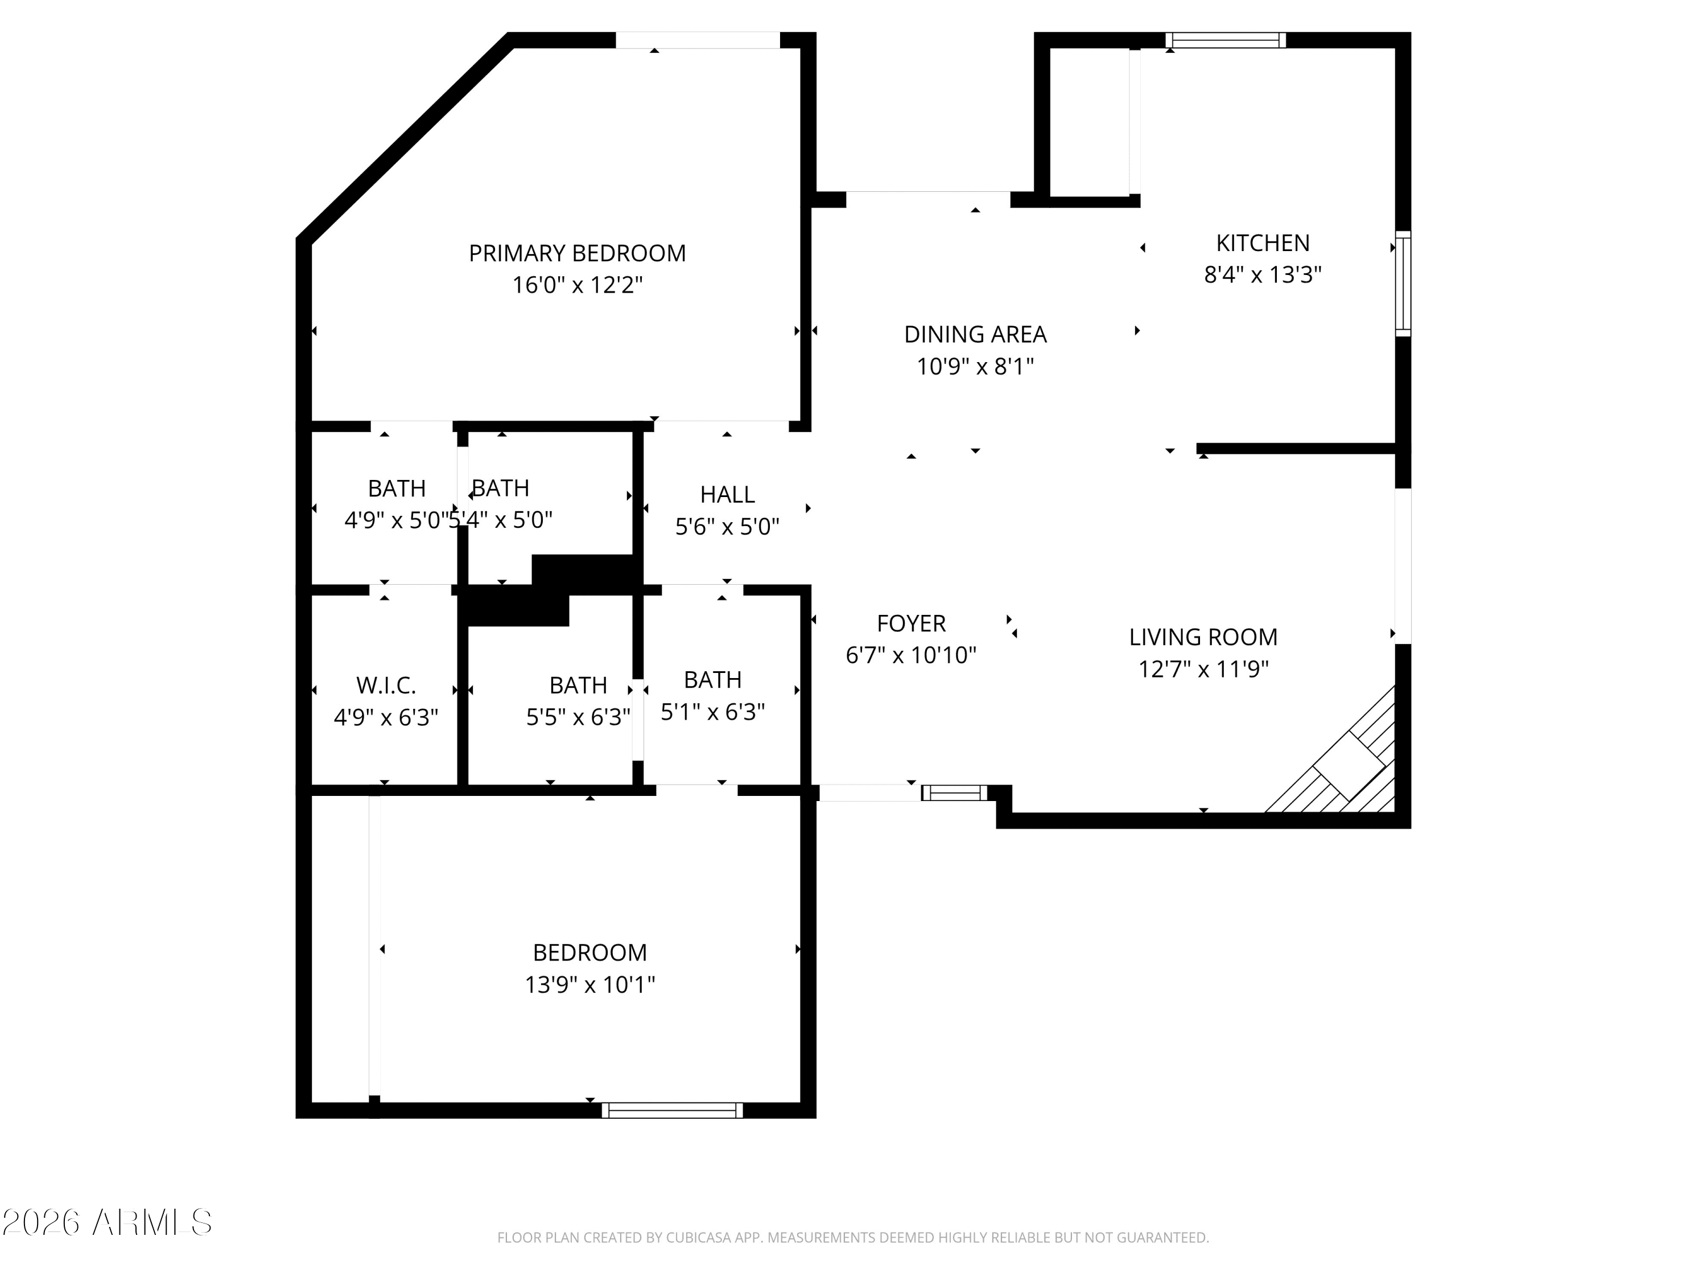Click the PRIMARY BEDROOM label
pyautogui.click(x=577, y=253)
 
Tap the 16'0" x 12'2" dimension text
pyautogui.click(x=577, y=285)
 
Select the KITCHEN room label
pyautogui.click(x=1263, y=243)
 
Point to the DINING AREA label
pyautogui.click(x=975, y=334)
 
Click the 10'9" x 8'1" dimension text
pyautogui.click(x=975, y=366)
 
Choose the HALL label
pyautogui.click(x=727, y=494)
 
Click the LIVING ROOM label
pyautogui.click(x=1203, y=637)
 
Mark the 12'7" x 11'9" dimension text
pyautogui.click(x=1203, y=669)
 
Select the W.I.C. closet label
pyautogui.click(x=386, y=685)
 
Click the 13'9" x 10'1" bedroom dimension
pyautogui.click(x=589, y=984)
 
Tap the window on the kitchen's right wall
pyautogui.click(x=1403, y=284)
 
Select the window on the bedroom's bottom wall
pyautogui.click(x=672, y=1110)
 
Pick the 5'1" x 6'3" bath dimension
pyautogui.click(x=712, y=712)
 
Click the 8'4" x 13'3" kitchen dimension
pyautogui.click(x=1263, y=275)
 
